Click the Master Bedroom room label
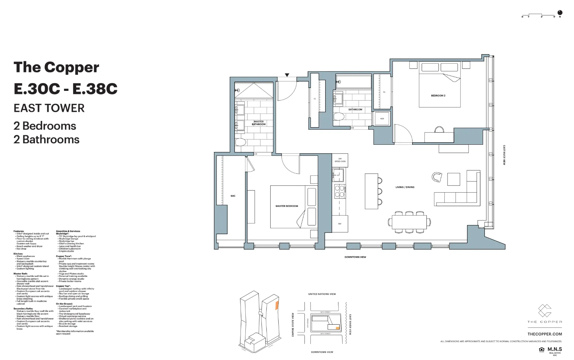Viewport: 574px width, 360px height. pos(287,206)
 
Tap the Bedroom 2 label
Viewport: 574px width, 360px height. pos(438,95)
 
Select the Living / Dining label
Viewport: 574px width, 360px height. pos(405,187)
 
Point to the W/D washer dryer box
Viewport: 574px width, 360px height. pos(382,119)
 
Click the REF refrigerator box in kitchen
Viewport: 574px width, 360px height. pos(339,224)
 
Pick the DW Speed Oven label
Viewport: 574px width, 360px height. pos(340,160)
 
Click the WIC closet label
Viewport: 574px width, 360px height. pos(233,196)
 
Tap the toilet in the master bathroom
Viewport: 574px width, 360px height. pos(240,142)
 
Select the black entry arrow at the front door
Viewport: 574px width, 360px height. pos(287,75)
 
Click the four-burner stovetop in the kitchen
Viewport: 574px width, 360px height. pos(339,192)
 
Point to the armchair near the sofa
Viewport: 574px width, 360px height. pos(437,177)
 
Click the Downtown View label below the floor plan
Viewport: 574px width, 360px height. pos(355,257)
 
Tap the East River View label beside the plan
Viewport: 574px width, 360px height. pos(504,155)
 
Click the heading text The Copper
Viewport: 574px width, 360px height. pos(56,67)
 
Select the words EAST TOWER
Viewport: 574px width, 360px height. pos(49,108)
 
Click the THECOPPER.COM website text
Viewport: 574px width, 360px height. pos(545,334)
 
